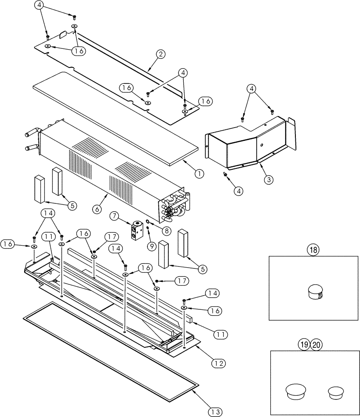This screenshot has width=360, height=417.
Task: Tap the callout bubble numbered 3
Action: pos(269,180)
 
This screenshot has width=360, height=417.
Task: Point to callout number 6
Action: pos(96,209)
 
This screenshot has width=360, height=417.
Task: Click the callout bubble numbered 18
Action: pos(312,250)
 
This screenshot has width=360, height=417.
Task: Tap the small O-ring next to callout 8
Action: pos(147,223)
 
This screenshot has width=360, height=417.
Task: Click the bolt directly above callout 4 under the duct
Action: pos(225,175)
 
